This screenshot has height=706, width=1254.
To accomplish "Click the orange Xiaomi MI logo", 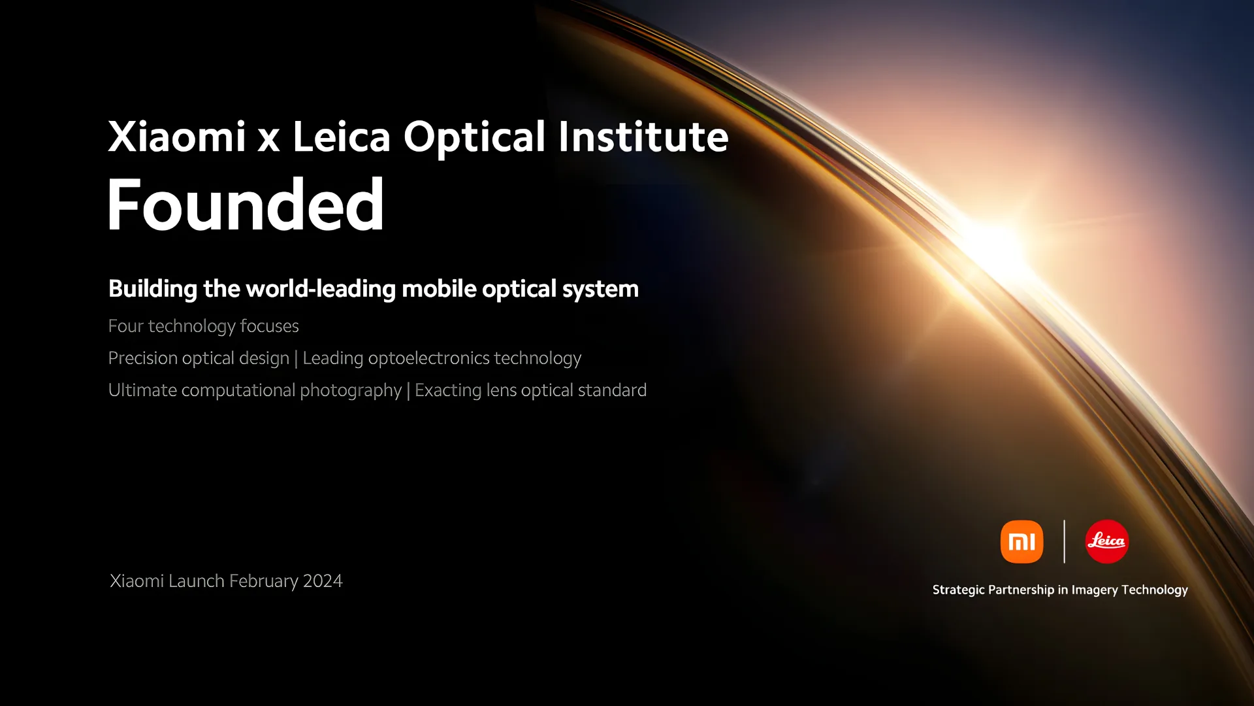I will pos(1021,541).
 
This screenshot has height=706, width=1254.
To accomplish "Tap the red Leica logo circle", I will pos(1106,541).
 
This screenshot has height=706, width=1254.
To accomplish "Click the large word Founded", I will pos(246,205).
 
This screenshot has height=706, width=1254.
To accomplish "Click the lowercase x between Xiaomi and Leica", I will pos(268,139).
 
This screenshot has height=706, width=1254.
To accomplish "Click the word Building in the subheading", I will pos(153,289).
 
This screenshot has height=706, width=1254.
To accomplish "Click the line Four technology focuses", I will pos(203,326).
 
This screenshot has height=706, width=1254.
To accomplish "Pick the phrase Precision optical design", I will pos(199,358).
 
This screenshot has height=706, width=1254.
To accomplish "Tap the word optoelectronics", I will pos(428,358).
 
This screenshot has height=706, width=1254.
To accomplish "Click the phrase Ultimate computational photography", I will pos(255,390).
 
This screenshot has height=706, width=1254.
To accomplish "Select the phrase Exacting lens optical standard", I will pos(530,390).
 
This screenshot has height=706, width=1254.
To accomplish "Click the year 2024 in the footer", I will pos(323,580).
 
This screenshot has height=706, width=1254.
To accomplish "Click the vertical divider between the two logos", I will pos(1064,541).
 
